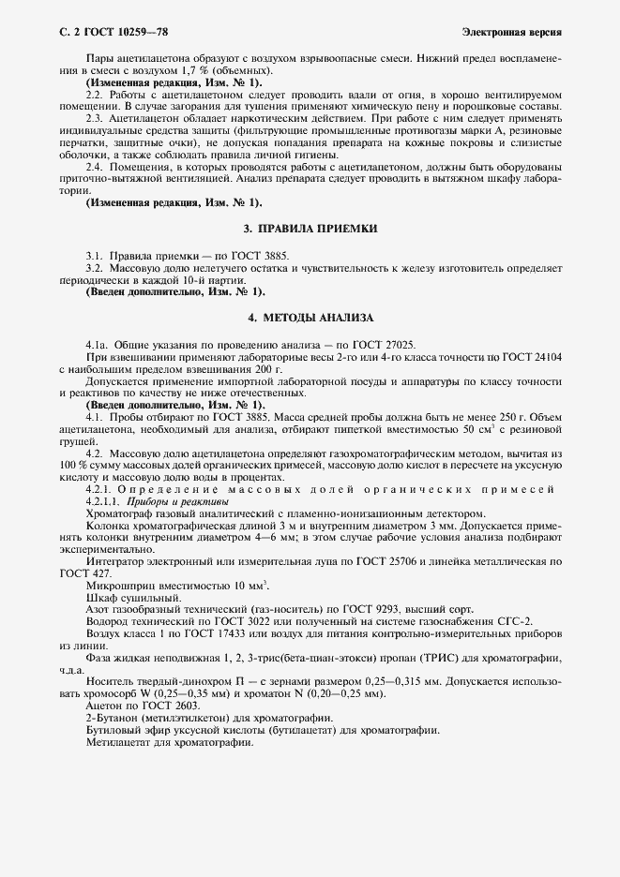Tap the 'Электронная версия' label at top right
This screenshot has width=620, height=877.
(x=512, y=32)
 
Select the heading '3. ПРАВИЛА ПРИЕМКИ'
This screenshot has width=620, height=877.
(x=310, y=230)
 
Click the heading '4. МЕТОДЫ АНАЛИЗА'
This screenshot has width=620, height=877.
(x=310, y=318)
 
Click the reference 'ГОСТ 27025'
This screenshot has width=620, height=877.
(x=373, y=346)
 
